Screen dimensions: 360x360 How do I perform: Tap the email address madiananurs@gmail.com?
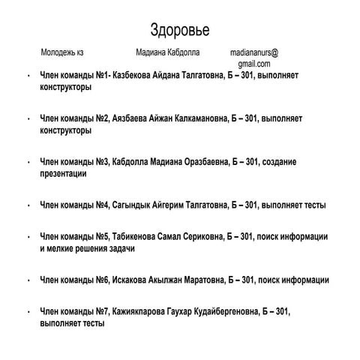click(x=254, y=58)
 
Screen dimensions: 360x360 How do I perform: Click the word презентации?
click(x=62, y=173)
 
